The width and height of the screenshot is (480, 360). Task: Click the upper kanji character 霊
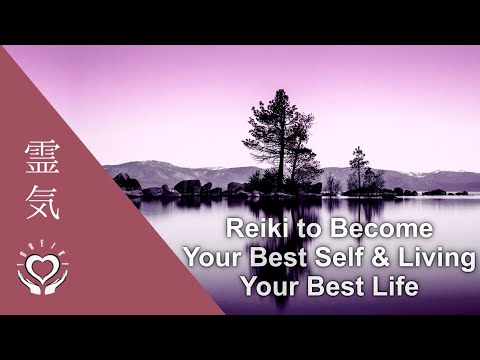tap(42, 156)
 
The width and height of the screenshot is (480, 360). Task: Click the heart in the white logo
tap(42, 265)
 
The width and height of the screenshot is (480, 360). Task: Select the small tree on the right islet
tap(358, 168)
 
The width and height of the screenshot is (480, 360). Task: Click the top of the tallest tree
tap(280, 92)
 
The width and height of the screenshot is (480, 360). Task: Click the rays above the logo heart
tap(42, 246)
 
